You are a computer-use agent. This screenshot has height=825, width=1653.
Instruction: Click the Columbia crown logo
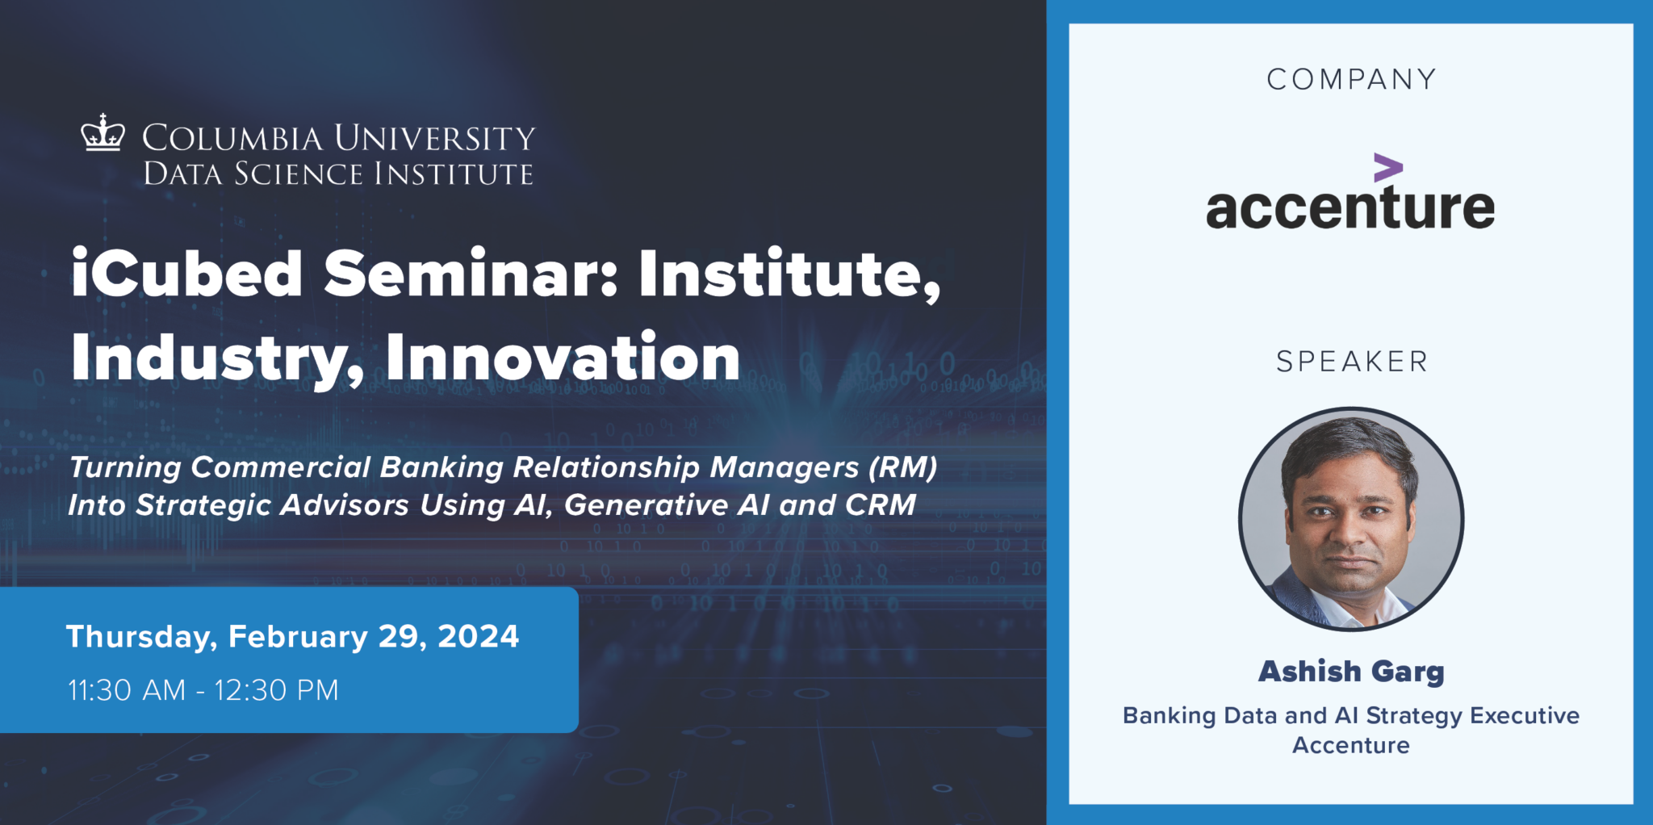pos(103,133)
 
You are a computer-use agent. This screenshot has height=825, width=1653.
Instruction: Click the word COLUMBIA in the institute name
pos(232,138)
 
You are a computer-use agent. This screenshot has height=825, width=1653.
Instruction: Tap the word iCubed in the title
pos(186,274)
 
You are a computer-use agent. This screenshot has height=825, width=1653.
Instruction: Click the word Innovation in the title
pos(563,358)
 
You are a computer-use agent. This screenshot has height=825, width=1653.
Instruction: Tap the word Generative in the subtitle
pos(646,505)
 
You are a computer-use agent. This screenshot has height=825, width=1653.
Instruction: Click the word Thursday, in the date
pos(141,637)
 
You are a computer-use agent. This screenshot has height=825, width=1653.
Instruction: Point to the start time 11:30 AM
pos(127,691)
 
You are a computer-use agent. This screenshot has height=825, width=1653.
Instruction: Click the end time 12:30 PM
pos(276,691)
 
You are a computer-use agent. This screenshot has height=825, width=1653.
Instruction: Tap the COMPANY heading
pos(1351,79)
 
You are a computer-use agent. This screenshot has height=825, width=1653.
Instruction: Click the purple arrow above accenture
pos(1387,168)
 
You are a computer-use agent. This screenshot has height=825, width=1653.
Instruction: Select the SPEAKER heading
pos(1351,362)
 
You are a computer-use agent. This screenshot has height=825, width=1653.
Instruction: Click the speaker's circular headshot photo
pos(1351,518)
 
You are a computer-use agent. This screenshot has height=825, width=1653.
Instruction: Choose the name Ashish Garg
pos(1351,672)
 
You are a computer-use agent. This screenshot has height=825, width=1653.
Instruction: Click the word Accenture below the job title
pos(1351,745)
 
